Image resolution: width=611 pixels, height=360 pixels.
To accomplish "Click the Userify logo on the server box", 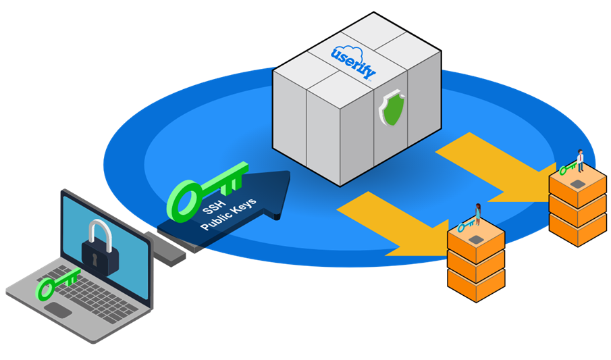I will click(353, 61).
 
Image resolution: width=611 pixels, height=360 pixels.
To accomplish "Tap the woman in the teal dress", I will click(478, 213).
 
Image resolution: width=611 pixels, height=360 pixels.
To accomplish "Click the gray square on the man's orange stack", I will click(577, 183).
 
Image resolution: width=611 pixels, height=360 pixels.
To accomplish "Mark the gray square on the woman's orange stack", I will click(476, 238).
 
